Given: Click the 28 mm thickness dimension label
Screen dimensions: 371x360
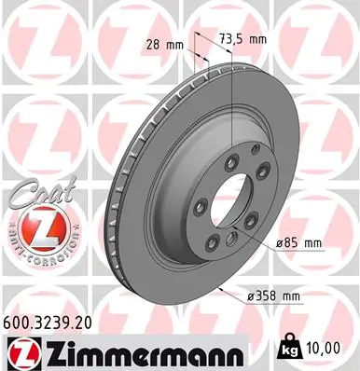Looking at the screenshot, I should pos(164,44).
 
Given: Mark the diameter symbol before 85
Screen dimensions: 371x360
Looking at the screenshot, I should pos(279,243).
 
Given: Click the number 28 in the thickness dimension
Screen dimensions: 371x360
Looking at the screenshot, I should pos(152,44).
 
